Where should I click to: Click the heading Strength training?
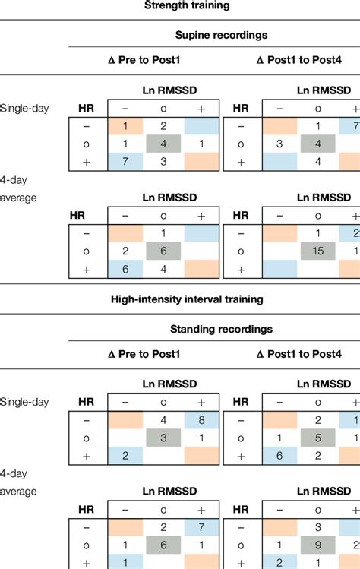click(x=179, y=6)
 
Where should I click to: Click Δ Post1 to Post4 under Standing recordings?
click(x=301, y=354)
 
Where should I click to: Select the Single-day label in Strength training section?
click(x=24, y=108)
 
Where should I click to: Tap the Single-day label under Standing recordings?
click(x=24, y=401)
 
